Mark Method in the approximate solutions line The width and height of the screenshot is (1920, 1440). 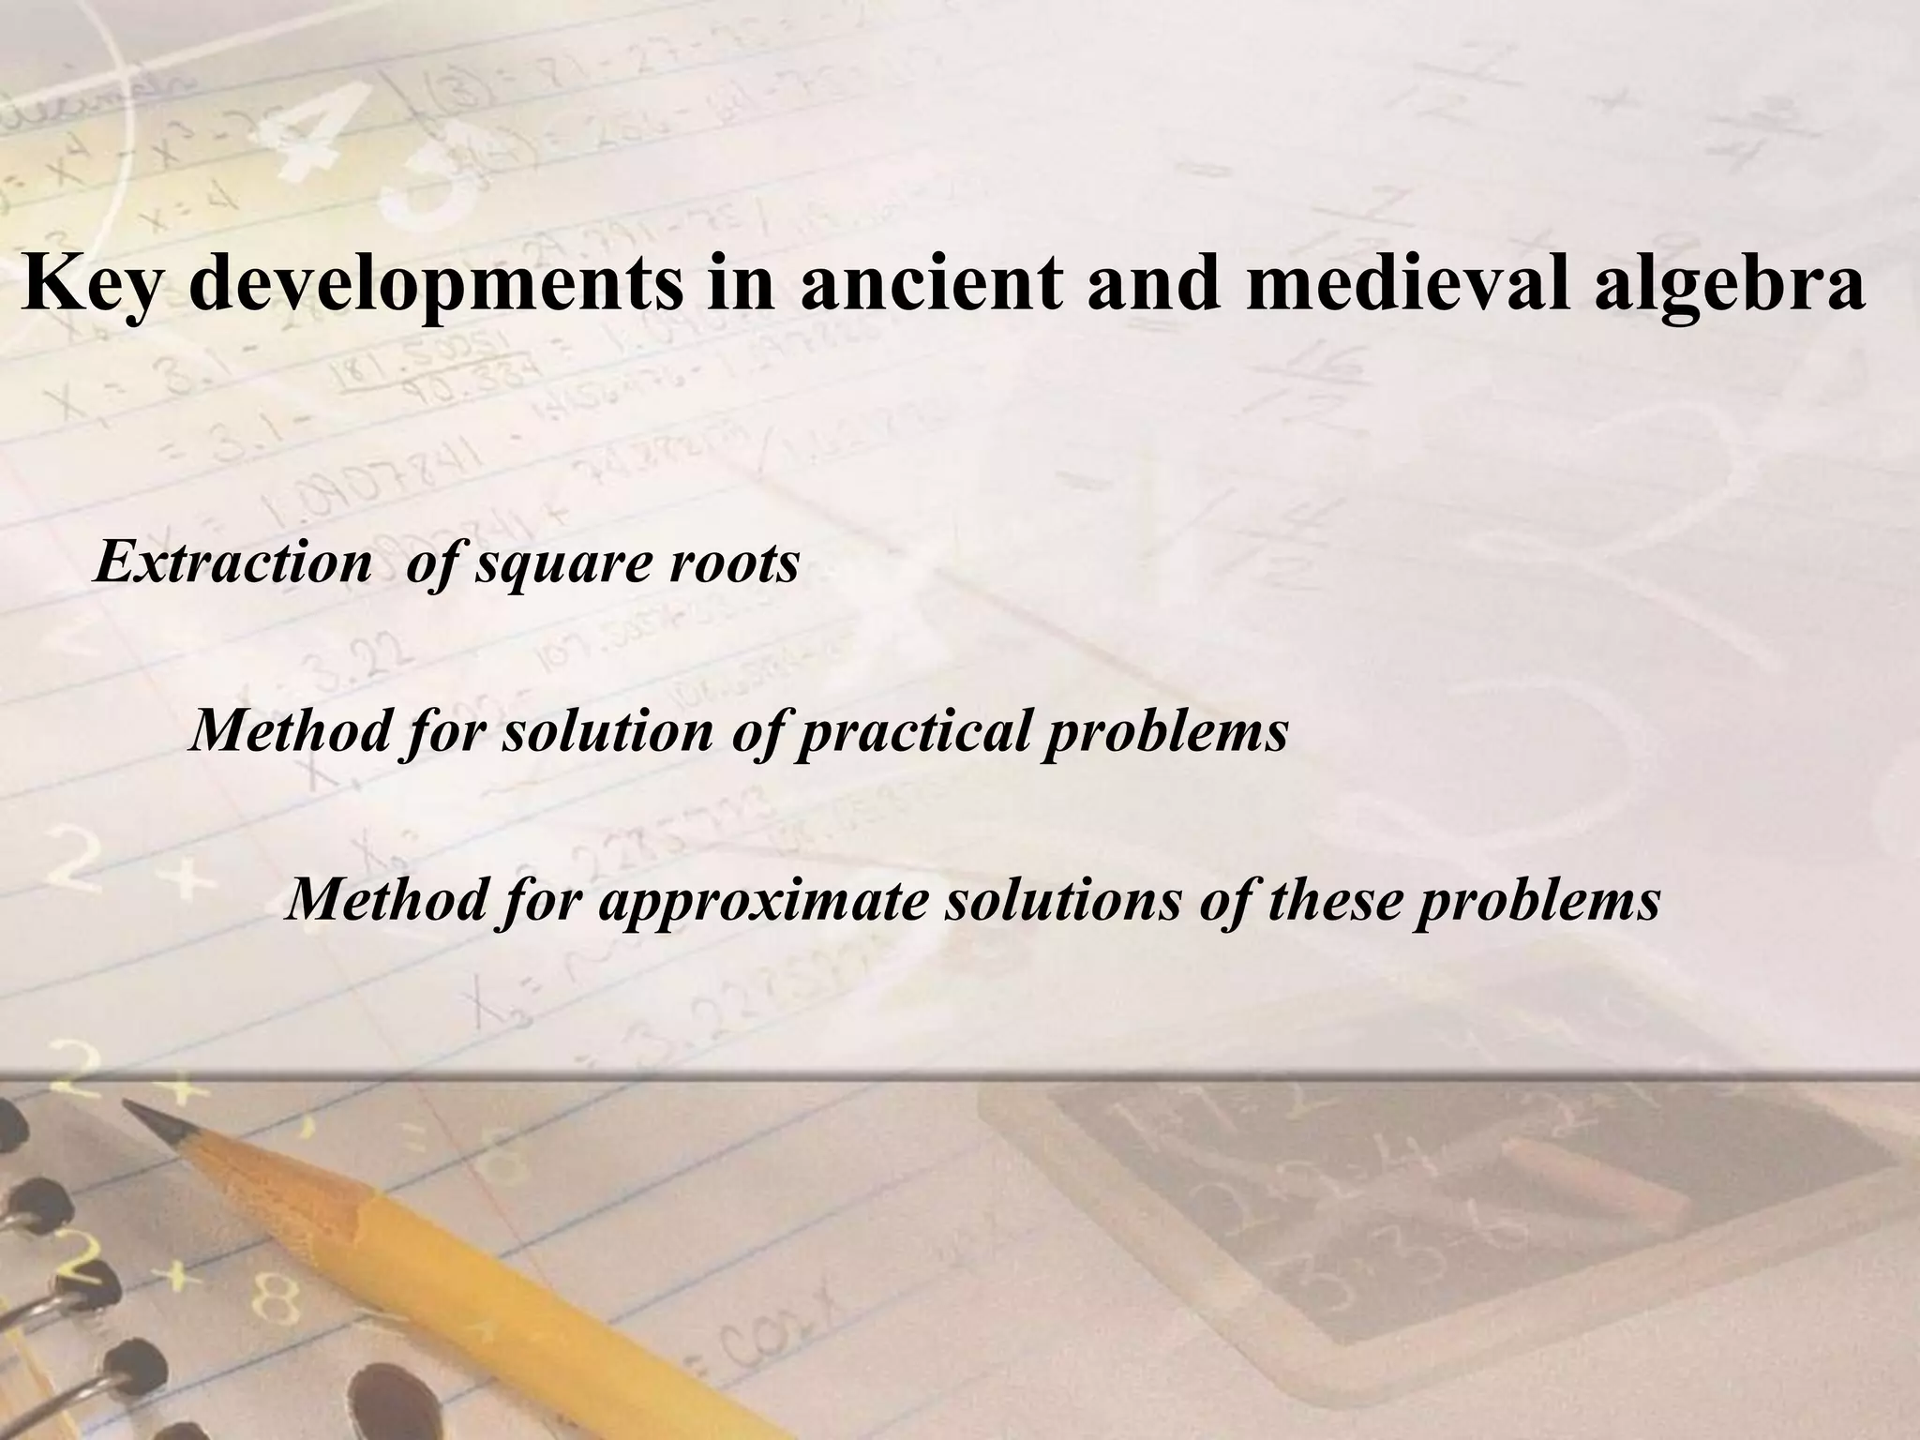(384, 900)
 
